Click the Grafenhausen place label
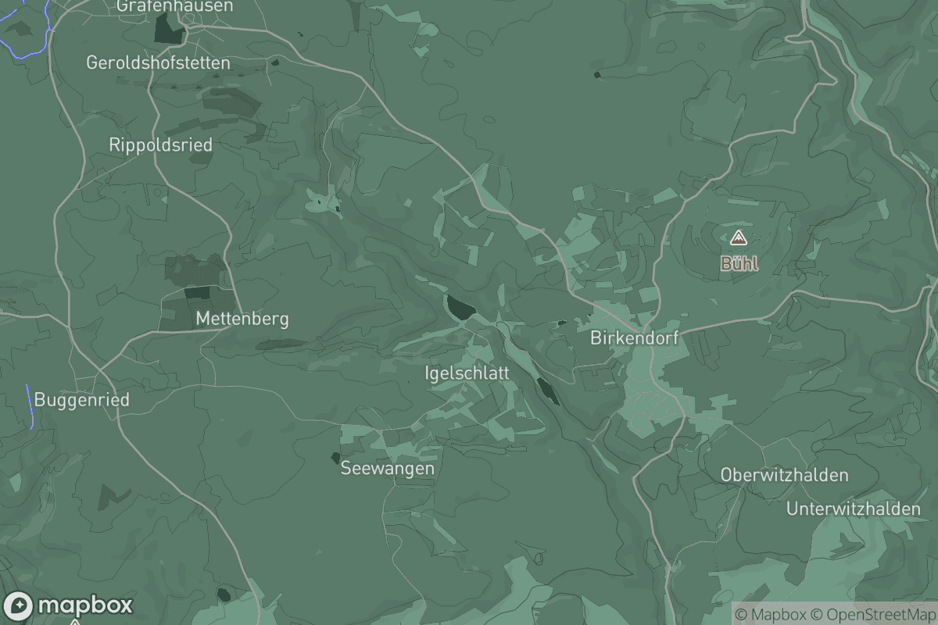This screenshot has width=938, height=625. click(174, 6)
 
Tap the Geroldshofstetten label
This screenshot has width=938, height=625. click(159, 62)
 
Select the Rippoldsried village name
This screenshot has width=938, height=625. click(160, 145)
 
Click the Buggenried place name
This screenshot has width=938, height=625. click(81, 400)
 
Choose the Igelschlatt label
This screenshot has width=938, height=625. click(467, 373)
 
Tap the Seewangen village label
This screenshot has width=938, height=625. click(387, 469)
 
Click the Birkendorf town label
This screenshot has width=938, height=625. click(634, 338)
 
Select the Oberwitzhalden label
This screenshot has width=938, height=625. click(784, 475)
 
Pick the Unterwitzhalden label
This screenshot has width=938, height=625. click(854, 509)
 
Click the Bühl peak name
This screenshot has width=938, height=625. click(739, 264)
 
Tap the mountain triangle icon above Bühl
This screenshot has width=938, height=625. click(739, 237)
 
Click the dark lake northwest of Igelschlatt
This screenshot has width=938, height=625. click(459, 307)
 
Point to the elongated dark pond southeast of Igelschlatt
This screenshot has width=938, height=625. click(548, 391)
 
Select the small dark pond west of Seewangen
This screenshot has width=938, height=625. click(336, 457)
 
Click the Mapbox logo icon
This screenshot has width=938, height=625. click(17, 606)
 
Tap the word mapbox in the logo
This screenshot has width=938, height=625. click(85, 605)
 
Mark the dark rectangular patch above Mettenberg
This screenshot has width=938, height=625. click(197, 293)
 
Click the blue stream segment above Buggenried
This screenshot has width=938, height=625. click(30, 406)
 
